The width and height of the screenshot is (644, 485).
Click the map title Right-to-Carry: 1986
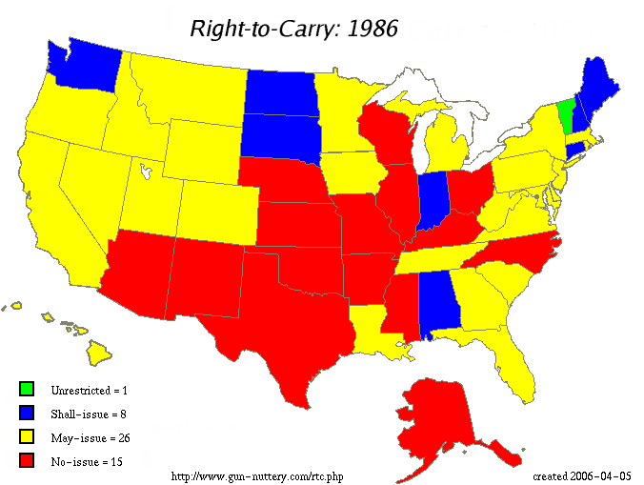pos(293,28)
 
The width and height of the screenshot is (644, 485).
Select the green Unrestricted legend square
pos(27,389)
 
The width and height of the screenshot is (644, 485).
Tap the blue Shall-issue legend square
pos(27,413)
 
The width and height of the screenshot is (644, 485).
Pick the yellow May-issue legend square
pos(27,437)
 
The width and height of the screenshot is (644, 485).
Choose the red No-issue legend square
pos(27,461)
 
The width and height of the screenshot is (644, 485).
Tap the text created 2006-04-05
pos(581,475)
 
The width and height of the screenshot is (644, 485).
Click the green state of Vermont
pos(566,114)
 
